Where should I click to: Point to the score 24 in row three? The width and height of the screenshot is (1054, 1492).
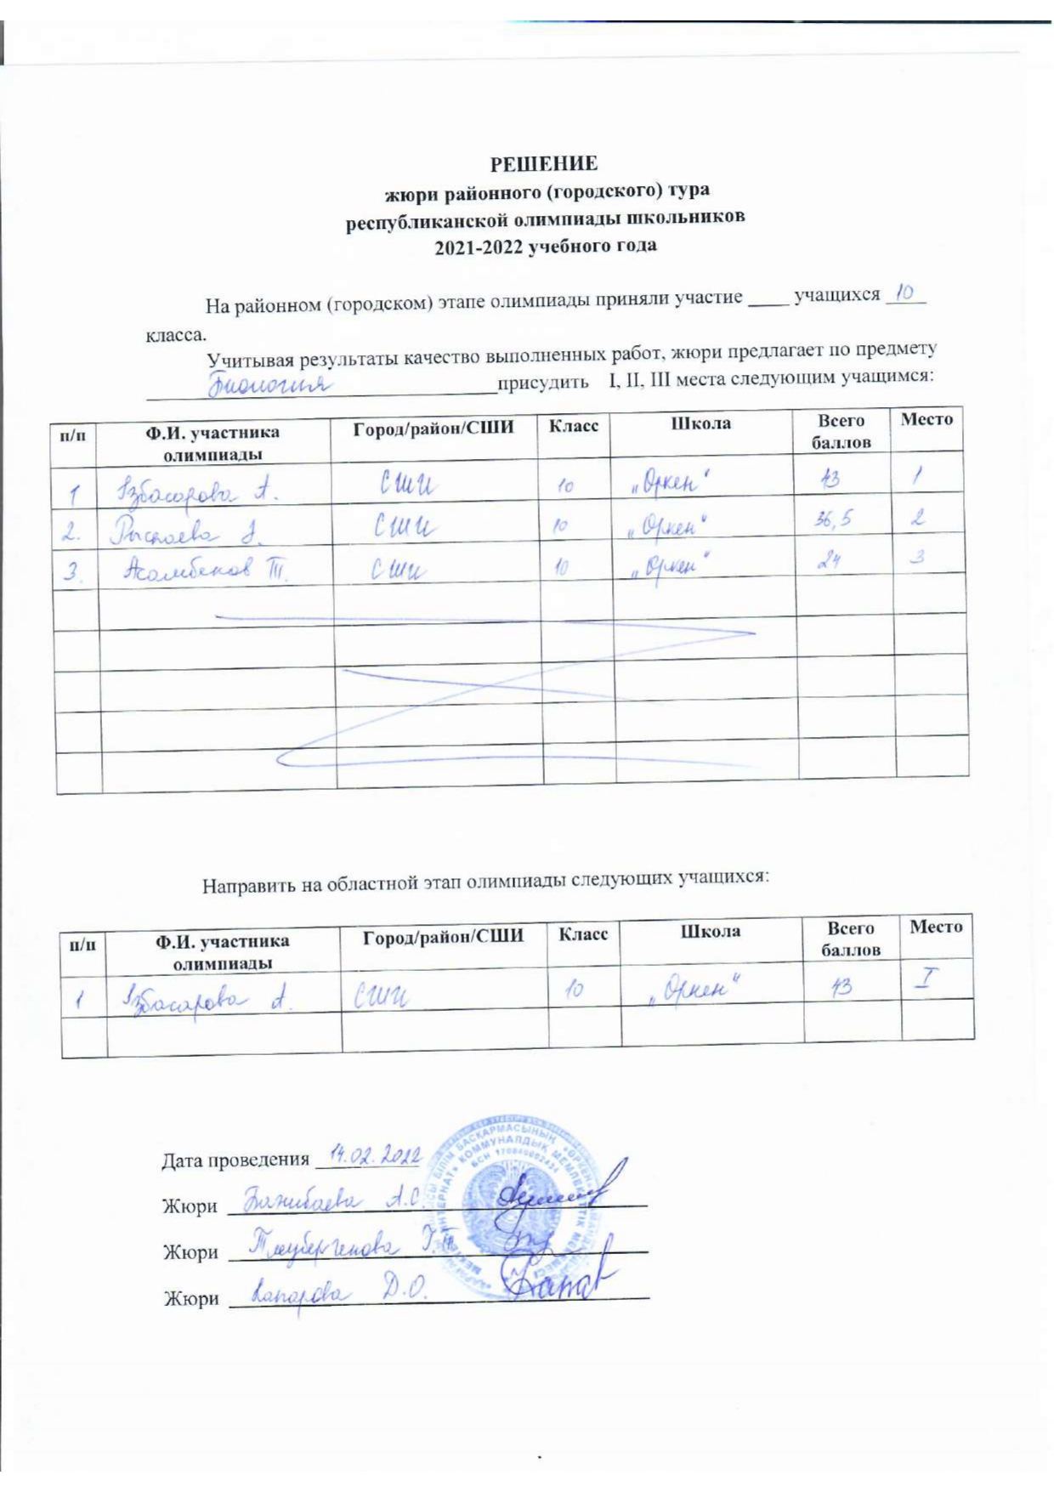pos(829,561)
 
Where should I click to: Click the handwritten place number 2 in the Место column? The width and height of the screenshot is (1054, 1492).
pos(918,518)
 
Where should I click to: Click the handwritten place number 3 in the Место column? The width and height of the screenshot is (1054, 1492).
pos(918,558)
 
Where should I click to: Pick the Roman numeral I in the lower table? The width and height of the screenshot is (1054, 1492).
pos(926,979)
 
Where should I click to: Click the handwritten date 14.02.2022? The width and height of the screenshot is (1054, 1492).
pos(375,1154)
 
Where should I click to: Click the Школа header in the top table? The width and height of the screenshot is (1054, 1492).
pos(700,423)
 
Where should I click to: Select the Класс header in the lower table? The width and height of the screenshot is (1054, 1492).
pos(583,934)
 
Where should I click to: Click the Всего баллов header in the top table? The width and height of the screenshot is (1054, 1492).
pos(841,431)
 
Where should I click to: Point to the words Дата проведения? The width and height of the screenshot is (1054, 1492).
pos(235,1160)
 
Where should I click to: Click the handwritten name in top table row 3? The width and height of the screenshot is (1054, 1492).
pos(205,570)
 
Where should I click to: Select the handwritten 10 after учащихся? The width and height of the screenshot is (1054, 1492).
pos(905,294)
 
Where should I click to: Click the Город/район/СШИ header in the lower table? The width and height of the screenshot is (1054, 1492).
pos(443,938)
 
